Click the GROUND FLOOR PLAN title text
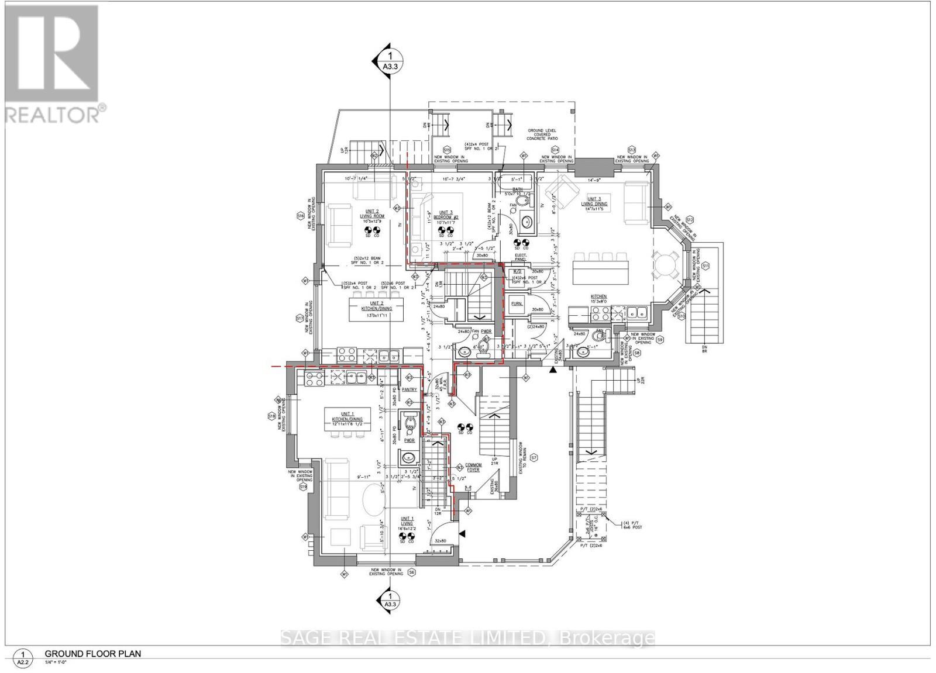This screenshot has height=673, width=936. click(x=93, y=654)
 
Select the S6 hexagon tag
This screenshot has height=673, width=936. click(x=412, y=572)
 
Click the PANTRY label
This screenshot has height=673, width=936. click(x=409, y=389)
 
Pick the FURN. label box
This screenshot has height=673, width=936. click(x=517, y=304)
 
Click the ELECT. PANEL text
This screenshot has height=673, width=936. click(x=521, y=257)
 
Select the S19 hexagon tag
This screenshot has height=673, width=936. click(x=302, y=486)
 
